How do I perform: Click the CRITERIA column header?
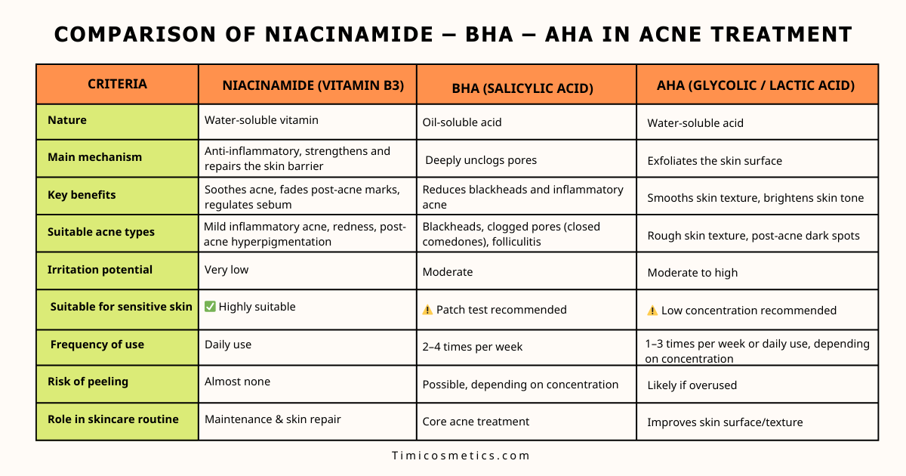tap(117, 84)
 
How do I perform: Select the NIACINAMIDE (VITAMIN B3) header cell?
tap(307, 85)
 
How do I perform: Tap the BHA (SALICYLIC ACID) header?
tap(522, 88)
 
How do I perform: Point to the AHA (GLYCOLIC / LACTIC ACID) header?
tap(755, 85)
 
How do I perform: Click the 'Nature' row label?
tap(67, 120)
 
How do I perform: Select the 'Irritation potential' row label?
tap(100, 270)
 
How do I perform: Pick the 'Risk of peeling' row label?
tap(88, 382)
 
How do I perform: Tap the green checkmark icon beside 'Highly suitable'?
tap(210, 307)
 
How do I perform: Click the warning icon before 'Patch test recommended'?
tap(427, 310)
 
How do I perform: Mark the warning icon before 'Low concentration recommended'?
tap(652, 311)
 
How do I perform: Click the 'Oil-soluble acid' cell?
tap(462, 122)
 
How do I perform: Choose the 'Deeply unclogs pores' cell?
tap(481, 160)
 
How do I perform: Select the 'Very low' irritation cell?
tap(226, 270)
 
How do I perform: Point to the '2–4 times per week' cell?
tap(473, 347)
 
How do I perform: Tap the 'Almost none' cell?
tap(237, 382)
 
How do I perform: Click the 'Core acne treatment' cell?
tap(476, 422)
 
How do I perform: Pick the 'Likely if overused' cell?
tap(692, 385)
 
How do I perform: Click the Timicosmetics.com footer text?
tap(461, 456)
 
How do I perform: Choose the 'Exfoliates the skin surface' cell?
tap(714, 161)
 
